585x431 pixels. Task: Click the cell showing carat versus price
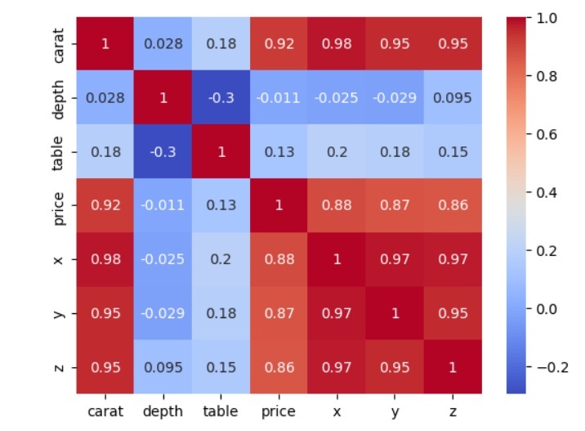279,44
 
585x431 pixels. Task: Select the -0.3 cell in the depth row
221,98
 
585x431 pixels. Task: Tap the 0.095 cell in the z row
163,368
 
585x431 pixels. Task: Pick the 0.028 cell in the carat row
163,44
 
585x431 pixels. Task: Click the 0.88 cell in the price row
337,206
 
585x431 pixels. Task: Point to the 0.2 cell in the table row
337,152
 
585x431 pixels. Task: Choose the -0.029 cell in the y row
163,314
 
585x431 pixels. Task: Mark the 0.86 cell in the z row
279,368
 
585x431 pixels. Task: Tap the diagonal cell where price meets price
279,206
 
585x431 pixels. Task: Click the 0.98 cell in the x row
105,260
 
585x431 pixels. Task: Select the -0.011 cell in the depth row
279,98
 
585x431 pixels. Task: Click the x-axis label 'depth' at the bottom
163,412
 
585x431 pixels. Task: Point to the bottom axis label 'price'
279,412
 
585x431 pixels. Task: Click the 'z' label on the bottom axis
453,412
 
